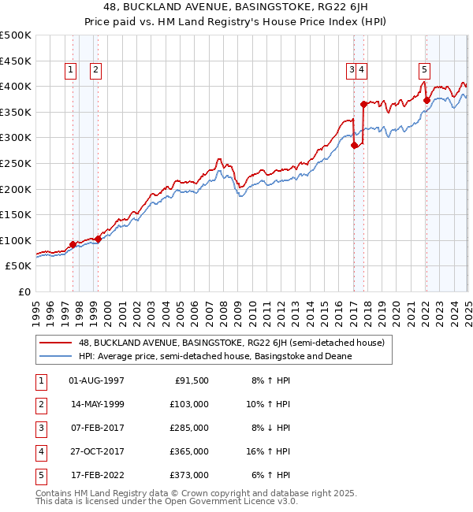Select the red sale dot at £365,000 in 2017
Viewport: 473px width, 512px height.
coord(363,104)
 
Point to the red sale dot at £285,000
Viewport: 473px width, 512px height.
coord(355,145)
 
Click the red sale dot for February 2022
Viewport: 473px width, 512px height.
coord(426,99)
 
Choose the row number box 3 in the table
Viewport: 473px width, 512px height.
coord(39,428)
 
